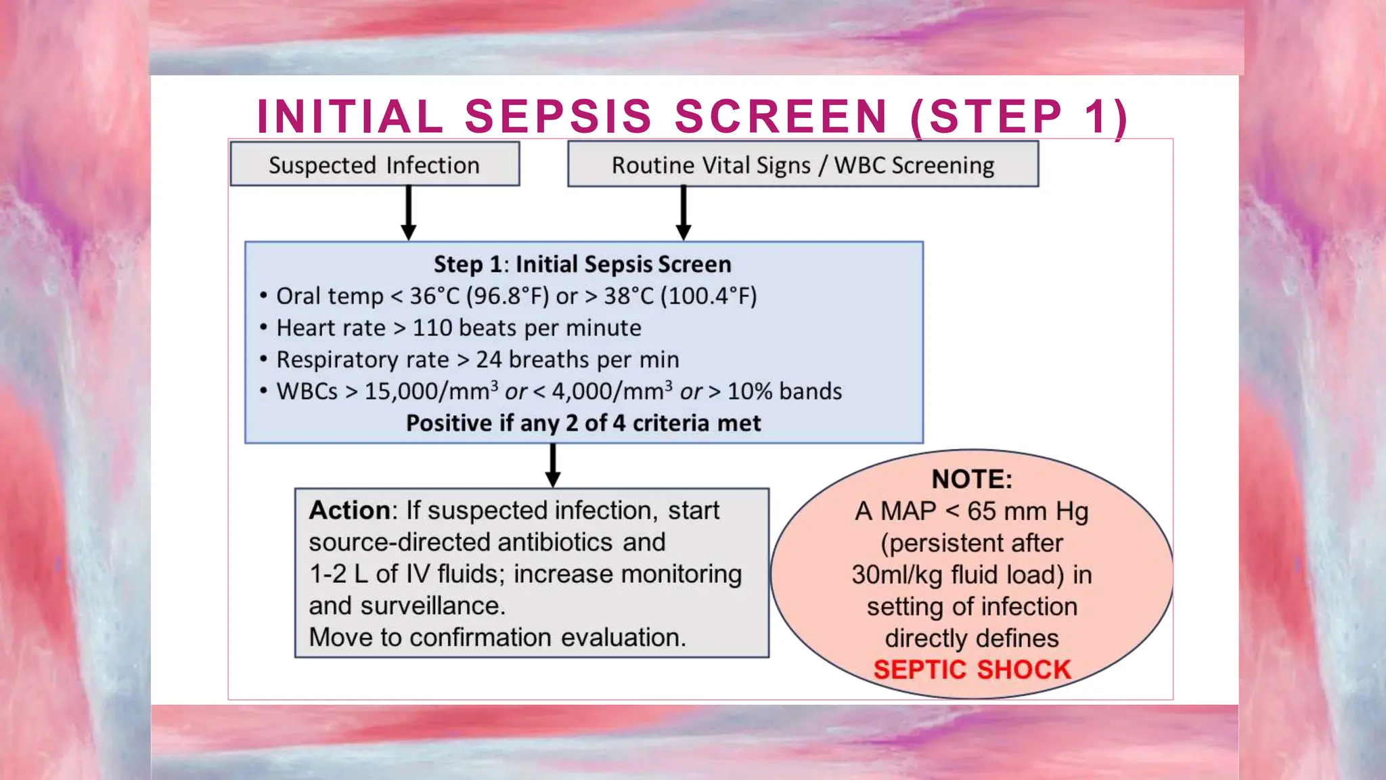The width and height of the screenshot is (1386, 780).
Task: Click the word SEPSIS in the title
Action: (558, 116)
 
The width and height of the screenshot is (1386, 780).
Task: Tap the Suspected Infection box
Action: (374, 165)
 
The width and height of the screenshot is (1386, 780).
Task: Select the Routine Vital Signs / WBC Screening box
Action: (803, 165)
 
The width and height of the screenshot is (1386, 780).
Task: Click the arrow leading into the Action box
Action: (553, 466)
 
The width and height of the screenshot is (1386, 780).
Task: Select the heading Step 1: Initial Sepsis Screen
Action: (582, 264)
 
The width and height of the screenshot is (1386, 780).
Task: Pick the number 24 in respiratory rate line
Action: (489, 360)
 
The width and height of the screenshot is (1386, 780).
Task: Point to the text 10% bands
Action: (784, 391)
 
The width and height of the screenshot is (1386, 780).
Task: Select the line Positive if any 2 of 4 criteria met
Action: (583, 423)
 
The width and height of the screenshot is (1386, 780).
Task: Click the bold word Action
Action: (349, 511)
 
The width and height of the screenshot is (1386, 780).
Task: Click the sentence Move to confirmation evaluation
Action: (497, 638)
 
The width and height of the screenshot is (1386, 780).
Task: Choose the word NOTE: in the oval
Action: (972, 479)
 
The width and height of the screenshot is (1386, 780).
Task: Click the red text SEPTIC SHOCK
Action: (972, 670)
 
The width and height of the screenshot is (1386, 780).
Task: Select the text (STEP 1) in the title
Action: (1019, 116)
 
